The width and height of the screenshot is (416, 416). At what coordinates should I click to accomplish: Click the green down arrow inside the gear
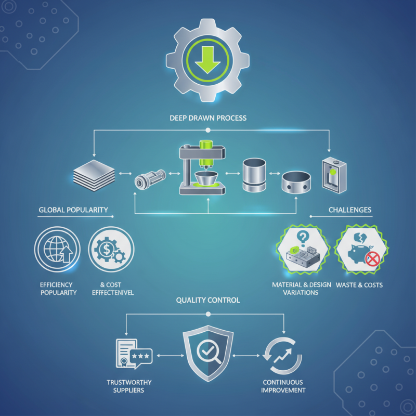(207, 60)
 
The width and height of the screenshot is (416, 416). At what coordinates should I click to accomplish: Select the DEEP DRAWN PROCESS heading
(208, 118)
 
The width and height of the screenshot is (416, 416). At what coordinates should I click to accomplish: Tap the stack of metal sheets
(94, 175)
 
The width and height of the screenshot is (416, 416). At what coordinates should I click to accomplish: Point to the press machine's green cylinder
(206, 152)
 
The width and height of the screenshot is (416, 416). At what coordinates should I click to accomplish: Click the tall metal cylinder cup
(254, 175)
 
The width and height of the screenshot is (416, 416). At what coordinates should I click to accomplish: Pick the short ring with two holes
(296, 182)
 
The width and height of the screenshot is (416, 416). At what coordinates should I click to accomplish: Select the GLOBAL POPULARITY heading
(73, 210)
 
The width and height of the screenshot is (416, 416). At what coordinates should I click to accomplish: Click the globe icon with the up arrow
(57, 249)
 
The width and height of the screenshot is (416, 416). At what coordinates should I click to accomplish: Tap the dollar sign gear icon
(111, 249)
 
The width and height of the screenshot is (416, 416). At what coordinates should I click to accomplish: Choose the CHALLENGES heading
(350, 210)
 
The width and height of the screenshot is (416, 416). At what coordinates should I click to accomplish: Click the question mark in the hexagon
(302, 238)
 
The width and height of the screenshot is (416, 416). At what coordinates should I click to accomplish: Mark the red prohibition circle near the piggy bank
(373, 259)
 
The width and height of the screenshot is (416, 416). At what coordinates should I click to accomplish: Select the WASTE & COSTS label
(359, 285)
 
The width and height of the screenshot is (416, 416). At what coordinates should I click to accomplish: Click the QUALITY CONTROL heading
(208, 300)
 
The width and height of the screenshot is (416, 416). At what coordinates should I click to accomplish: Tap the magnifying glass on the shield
(209, 352)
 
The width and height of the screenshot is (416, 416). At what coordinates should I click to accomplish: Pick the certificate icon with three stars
(134, 354)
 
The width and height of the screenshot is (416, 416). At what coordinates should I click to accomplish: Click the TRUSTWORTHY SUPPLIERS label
(129, 386)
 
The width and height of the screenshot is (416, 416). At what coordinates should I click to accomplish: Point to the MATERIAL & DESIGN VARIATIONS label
(302, 289)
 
